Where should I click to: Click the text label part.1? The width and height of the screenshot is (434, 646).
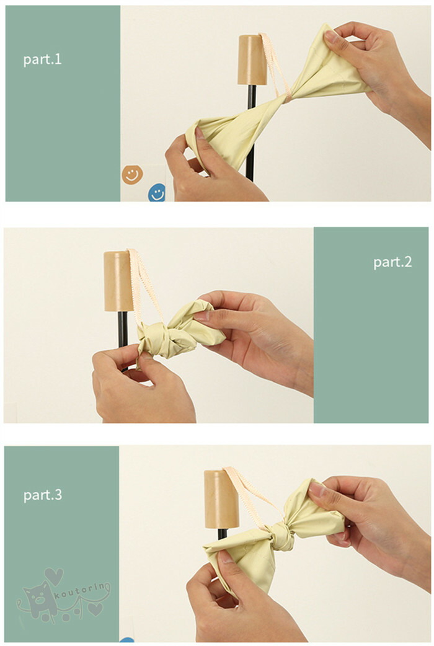(42, 60)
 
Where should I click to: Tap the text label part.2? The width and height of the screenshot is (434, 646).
(392, 262)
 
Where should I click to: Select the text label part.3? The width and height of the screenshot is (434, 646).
(43, 494)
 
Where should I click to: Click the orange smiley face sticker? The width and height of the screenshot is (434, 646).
(132, 174)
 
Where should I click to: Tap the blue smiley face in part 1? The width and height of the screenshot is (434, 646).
(157, 193)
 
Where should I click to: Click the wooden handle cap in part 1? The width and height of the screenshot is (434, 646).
(252, 60)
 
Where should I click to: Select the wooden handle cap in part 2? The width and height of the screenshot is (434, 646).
(118, 281)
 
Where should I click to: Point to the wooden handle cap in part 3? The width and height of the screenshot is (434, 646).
(221, 499)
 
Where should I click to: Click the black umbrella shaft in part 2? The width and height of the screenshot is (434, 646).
(123, 332)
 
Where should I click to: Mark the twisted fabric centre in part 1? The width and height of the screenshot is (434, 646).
(288, 98)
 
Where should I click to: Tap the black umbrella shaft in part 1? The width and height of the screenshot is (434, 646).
(251, 133)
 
